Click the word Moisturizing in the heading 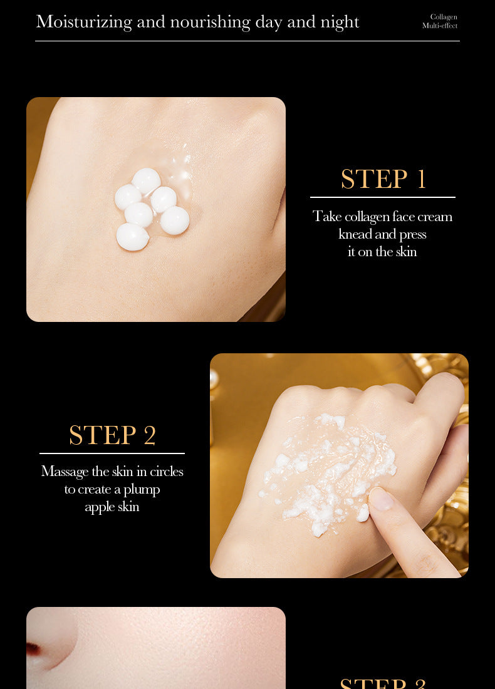pos(84,22)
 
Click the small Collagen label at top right pos(444,17)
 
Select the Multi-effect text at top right pos(440,26)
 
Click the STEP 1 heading pos(383,179)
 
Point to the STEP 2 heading pos(112,435)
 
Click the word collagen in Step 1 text pos(367,217)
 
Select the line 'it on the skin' pos(382,252)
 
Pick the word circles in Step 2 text pos(167,471)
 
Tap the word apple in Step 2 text pos(100,506)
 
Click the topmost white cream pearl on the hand pos(147,180)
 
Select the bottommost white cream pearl pos(133,237)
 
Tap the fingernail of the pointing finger pos(382,499)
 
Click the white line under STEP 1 pos(382,197)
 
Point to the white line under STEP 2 pos(112,453)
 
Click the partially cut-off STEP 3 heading pos(383,683)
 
